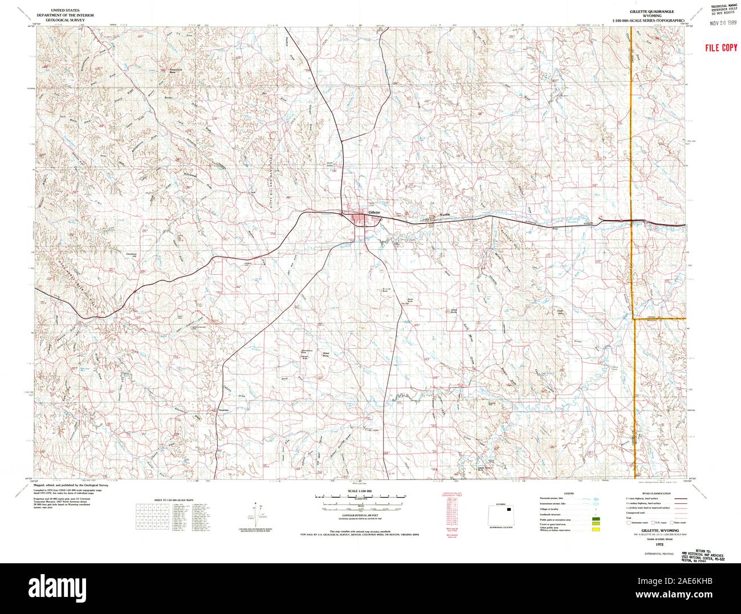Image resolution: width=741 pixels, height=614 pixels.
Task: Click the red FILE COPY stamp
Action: pos(720,48)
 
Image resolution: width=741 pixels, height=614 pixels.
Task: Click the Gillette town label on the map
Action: pos(374,212)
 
